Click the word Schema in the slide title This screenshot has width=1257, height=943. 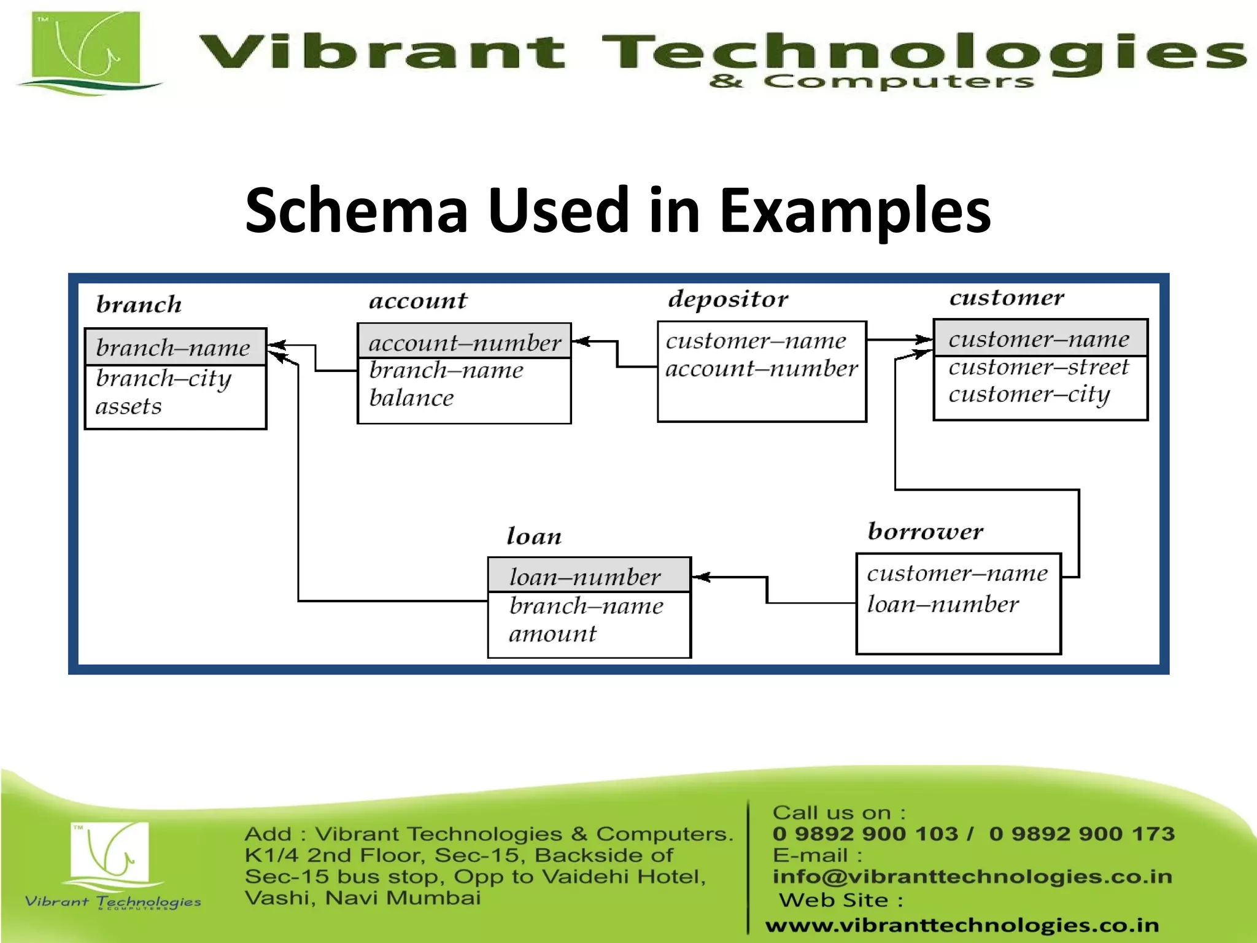coord(357,211)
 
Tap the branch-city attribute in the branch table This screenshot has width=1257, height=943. coord(163,379)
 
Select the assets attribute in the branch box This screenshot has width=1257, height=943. coord(129,406)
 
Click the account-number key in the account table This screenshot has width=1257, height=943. coord(465,343)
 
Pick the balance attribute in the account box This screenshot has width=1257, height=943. coord(411,398)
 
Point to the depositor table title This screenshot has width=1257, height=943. coord(728,299)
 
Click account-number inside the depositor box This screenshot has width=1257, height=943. coord(761,368)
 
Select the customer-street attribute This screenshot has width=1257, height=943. coord(1038,367)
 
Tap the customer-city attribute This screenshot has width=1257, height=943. coord(1029,394)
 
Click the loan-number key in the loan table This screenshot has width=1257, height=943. coord(585,576)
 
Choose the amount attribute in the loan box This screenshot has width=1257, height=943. coord(552,634)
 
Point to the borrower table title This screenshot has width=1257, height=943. coord(925,531)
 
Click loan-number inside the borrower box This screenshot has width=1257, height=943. coord(943,604)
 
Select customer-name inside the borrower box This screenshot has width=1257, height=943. coord(957,573)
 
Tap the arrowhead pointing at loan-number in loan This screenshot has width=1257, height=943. coord(701,576)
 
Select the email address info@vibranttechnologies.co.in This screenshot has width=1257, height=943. coord(972,876)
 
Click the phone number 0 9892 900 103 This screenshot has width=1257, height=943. coord(865,834)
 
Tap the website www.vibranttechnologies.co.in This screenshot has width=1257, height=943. coord(962,925)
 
